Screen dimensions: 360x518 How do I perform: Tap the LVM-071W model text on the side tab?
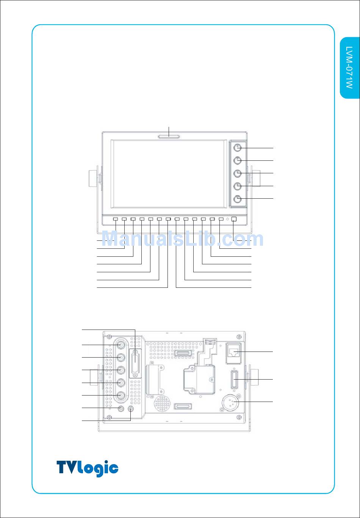[x=349, y=67]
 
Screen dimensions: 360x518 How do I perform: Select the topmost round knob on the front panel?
[x=237, y=148]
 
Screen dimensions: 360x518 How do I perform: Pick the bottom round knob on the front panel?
[x=237, y=199]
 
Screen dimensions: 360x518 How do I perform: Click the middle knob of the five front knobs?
[x=237, y=173]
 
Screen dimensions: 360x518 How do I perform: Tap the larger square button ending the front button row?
[x=234, y=219]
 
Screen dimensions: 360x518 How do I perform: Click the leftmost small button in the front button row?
[x=116, y=219]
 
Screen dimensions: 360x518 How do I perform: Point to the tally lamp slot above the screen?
[x=169, y=137]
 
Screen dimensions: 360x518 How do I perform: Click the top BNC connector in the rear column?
[x=121, y=345]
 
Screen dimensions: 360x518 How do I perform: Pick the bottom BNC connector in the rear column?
[x=121, y=396]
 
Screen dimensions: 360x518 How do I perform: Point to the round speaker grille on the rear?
[x=163, y=404]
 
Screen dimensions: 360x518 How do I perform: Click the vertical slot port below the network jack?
[x=234, y=380]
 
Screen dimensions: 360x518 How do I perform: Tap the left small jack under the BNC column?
[x=121, y=409]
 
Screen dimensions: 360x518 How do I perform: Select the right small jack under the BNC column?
[x=131, y=409]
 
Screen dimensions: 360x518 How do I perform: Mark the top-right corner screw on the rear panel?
[x=239, y=336]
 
